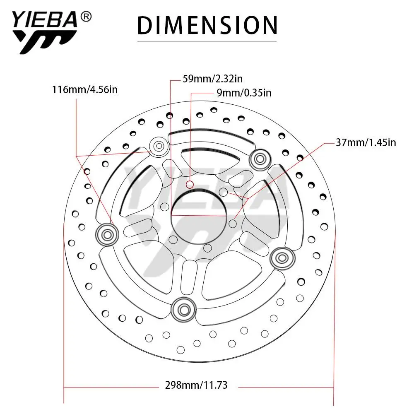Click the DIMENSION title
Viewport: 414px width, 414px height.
tap(207, 25)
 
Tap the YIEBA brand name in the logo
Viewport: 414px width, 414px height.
tap(45, 19)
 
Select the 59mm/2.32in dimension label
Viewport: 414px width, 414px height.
tap(212, 79)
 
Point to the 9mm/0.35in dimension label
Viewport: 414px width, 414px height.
tap(244, 93)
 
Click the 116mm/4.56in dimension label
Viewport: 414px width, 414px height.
tap(85, 90)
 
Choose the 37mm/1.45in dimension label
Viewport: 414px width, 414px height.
tap(366, 142)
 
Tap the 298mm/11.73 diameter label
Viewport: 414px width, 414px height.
tap(196, 385)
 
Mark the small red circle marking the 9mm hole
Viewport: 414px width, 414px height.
tap(190, 185)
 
